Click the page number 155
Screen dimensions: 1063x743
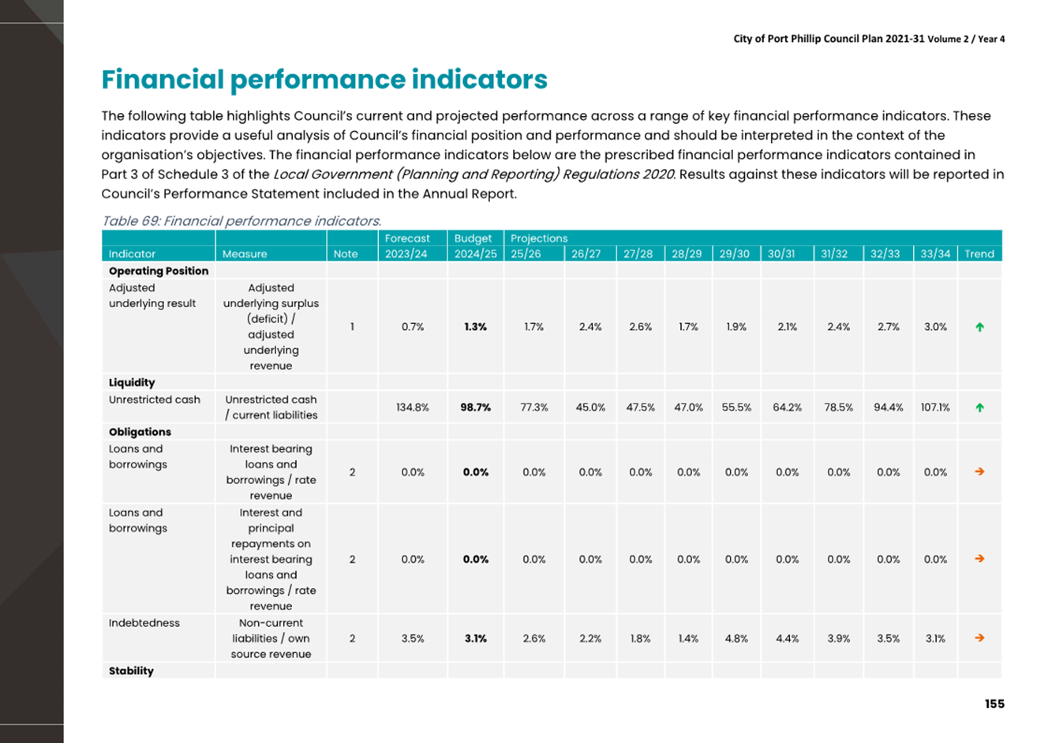click(x=994, y=704)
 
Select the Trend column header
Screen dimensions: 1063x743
click(x=979, y=254)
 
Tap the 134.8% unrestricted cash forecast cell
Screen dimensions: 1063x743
click(x=413, y=407)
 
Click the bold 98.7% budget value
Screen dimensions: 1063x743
click(x=476, y=407)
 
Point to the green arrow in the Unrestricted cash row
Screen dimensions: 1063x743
click(x=979, y=407)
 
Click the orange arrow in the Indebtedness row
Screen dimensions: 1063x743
click(x=979, y=638)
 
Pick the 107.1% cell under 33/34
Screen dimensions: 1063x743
click(x=935, y=407)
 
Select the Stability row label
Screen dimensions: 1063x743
click(x=131, y=671)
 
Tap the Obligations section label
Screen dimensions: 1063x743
click(x=140, y=432)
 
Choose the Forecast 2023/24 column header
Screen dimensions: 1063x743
click(x=406, y=246)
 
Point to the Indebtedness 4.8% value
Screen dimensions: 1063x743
click(x=736, y=639)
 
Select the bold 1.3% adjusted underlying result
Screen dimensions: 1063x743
click(x=476, y=327)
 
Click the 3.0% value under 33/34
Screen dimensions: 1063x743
click(x=935, y=327)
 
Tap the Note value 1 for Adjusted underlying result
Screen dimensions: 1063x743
click(x=352, y=327)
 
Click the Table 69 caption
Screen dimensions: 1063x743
click(x=241, y=221)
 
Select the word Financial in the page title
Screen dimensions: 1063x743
click(x=163, y=79)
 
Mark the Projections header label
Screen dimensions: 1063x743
click(x=539, y=238)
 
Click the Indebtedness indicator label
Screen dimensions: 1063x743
click(x=144, y=623)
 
